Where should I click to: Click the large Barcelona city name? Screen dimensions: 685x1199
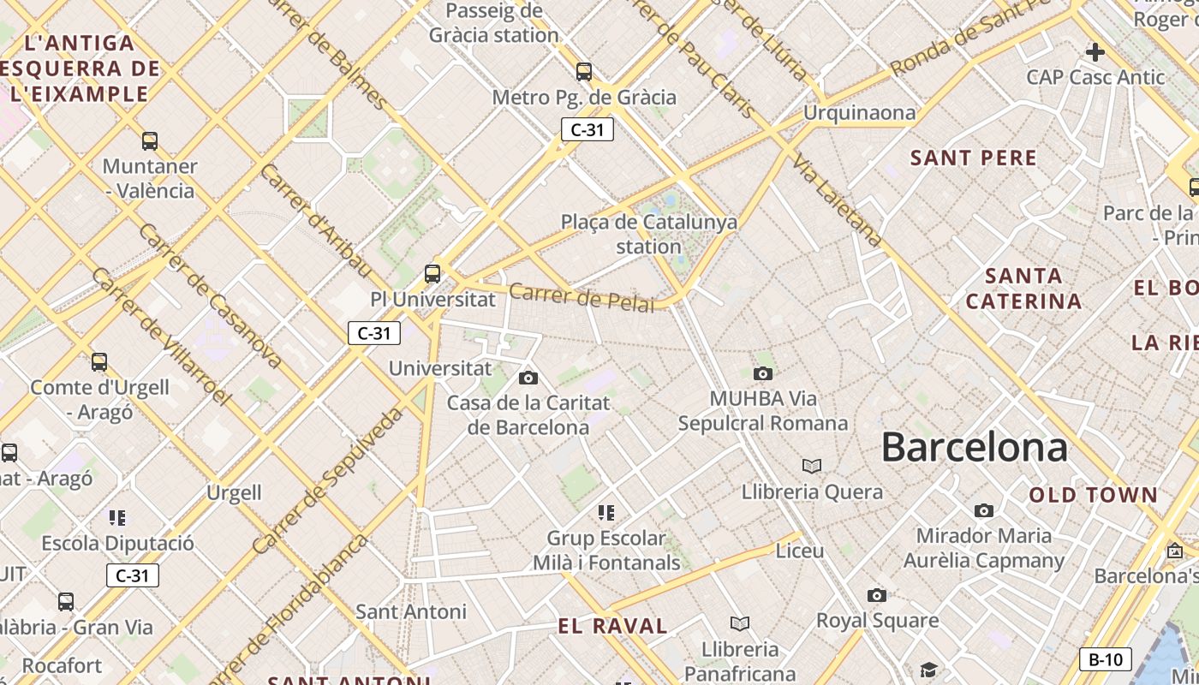click(974, 447)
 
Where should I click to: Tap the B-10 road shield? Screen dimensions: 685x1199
click(1105, 659)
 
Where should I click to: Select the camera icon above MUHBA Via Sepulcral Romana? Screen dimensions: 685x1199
click(762, 373)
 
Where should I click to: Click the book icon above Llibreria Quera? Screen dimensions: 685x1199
click(811, 466)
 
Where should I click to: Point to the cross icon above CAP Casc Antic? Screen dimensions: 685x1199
click(1095, 52)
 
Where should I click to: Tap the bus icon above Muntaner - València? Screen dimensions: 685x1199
click(150, 140)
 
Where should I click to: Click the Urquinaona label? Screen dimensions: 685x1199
click(859, 112)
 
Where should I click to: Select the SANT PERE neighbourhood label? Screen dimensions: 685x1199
click(974, 158)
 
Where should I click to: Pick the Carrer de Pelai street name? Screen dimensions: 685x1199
click(582, 297)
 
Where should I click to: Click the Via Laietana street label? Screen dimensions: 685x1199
click(837, 200)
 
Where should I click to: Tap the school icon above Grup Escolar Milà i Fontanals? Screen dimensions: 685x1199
click(606, 513)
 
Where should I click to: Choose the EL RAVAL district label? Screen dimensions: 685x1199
click(612, 626)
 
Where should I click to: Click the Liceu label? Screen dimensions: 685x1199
click(799, 551)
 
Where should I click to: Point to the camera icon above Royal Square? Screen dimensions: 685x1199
click(876, 595)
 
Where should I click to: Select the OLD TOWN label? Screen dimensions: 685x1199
click(1093, 495)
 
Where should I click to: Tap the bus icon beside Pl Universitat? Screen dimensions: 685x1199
click(432, 274)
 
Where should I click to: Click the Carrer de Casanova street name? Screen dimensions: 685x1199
click(210, 296)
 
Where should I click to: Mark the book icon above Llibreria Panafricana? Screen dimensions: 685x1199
click(739, 623)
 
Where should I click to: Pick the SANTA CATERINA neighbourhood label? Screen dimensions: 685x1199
click(1023, 289)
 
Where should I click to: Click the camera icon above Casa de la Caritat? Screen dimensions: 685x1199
click(528, 378)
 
